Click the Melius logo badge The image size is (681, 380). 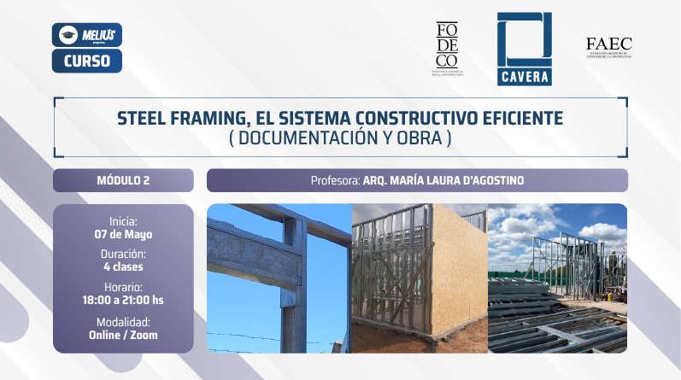click(86, 34)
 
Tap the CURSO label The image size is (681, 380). click(86, 61)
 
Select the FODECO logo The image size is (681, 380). click(447, 48)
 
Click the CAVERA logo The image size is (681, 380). click(524, 49)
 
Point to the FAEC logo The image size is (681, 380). click(608, 47)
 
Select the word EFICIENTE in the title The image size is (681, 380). click(515, 118)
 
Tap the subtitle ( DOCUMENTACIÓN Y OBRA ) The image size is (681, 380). click(339, 137)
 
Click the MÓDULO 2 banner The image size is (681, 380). click(123, 180)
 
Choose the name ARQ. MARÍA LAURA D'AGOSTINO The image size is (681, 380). click(444, 181)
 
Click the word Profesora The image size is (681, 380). click(334, 181)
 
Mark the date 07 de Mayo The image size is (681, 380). click(123, 232)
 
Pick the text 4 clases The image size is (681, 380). click(123, 266)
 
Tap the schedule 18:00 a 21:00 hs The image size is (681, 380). click(123, 301)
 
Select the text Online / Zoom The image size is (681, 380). click(123, 336)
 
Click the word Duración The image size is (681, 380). click(123, 254)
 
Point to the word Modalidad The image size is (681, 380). click(123, 322)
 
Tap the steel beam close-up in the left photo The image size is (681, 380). click(256, 256)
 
